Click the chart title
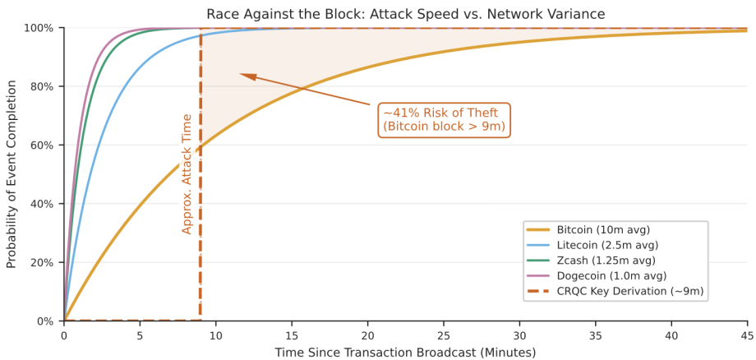(x=405, y=13)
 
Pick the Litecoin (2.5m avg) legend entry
(x=607, y=245)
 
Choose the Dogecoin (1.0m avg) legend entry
(x=611, y=275)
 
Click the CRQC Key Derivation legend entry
(x=629, y=291)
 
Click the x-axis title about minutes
(x=405, y=352)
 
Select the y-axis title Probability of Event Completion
(x=12, y=174)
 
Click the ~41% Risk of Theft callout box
(x=444, y=120)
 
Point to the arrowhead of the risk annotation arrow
(x=242, y=75)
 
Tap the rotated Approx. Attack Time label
(x=187, y=174)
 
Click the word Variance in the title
(x=576, y=13)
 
